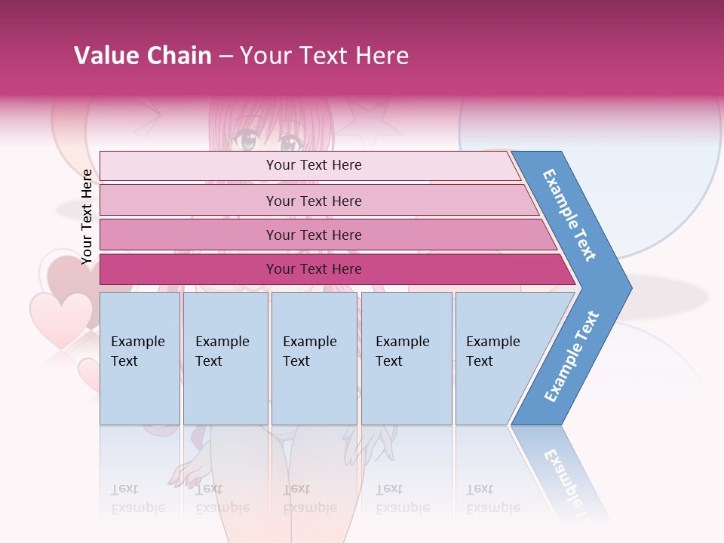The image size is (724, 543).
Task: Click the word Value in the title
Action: (105, 56)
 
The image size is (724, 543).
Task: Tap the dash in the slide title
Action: (225, 57)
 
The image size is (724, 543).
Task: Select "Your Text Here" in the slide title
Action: (324, 56)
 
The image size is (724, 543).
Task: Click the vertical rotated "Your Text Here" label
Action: (87, 217)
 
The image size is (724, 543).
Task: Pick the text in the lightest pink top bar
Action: (314, 165)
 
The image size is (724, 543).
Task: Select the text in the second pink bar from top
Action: (314, 201)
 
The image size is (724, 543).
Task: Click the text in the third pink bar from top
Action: (314, 235)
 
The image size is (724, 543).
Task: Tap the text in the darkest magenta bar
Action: (314, 269)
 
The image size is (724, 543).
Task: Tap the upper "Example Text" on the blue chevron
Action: (569, 215)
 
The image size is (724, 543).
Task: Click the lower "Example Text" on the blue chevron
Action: (572, 357)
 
